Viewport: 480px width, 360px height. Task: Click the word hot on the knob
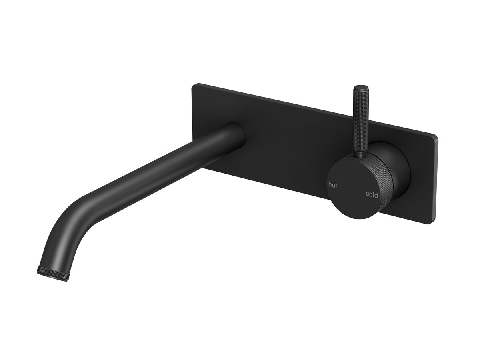pos(332,185)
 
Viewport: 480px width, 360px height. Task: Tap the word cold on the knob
pos(372,194)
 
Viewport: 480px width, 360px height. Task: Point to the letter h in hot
pos(330,184)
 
